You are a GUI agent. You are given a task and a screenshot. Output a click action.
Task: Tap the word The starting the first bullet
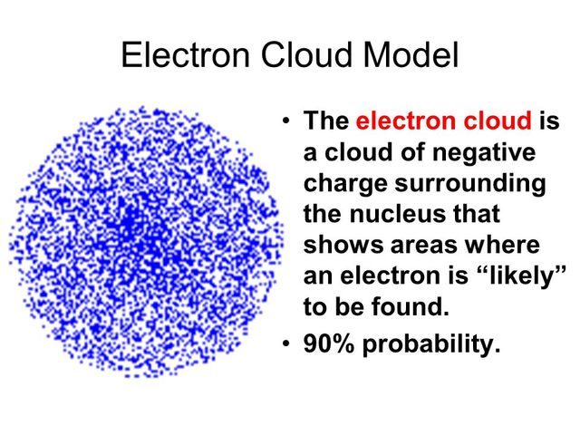coord(327,121)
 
